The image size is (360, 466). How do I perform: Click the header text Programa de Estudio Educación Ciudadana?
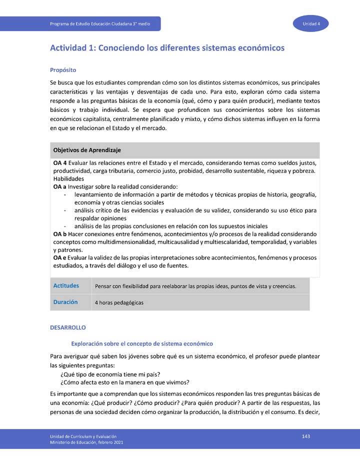coord(103,24)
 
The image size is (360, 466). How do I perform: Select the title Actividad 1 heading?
coord(167,48)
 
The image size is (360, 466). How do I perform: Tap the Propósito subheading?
coord(62,70)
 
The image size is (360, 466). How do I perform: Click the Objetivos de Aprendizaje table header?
coord(87,150)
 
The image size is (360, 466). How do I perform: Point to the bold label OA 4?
coord(59,163)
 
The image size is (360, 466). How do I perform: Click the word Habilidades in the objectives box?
coord(68,179)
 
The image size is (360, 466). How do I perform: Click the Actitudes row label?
coord(66,286)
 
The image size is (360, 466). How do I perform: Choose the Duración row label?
coord(65,302)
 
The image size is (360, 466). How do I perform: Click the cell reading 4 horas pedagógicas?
coord(119,302)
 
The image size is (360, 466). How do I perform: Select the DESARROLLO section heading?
coord(68,327)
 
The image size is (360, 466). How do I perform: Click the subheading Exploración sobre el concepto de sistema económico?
coord(142,343)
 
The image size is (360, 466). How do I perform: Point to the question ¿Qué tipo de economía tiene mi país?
coord(110,374)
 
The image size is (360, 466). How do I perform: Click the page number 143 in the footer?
coord(306,436)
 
